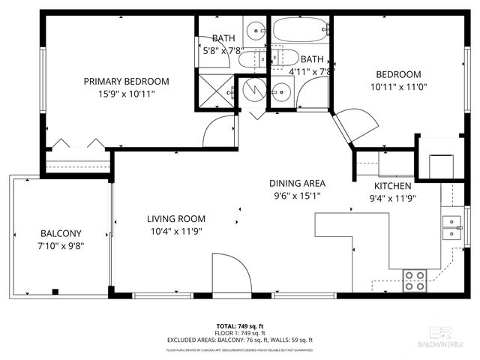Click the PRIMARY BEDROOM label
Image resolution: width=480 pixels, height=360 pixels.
[x=126, y=81]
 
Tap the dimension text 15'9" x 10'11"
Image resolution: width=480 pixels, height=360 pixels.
[x=126, y=94]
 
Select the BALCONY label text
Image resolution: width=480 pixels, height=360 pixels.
[x=61, y=233]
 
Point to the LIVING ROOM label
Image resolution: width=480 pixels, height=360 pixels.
[x=176, y=219]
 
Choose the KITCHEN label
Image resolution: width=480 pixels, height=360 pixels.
[x=393, y=185]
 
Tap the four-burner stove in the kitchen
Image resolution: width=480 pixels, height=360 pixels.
[x=414, y=280]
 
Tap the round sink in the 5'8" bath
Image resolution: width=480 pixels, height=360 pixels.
[x=258, y=32]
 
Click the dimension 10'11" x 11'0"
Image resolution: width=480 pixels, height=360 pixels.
[x=397, y=88]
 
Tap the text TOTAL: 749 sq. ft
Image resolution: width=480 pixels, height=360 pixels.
[x=239, y=326]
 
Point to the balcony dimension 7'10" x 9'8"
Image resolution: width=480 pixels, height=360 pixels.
[x=61, y=245]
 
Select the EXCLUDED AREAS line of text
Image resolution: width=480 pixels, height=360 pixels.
[x=239, y=340]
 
